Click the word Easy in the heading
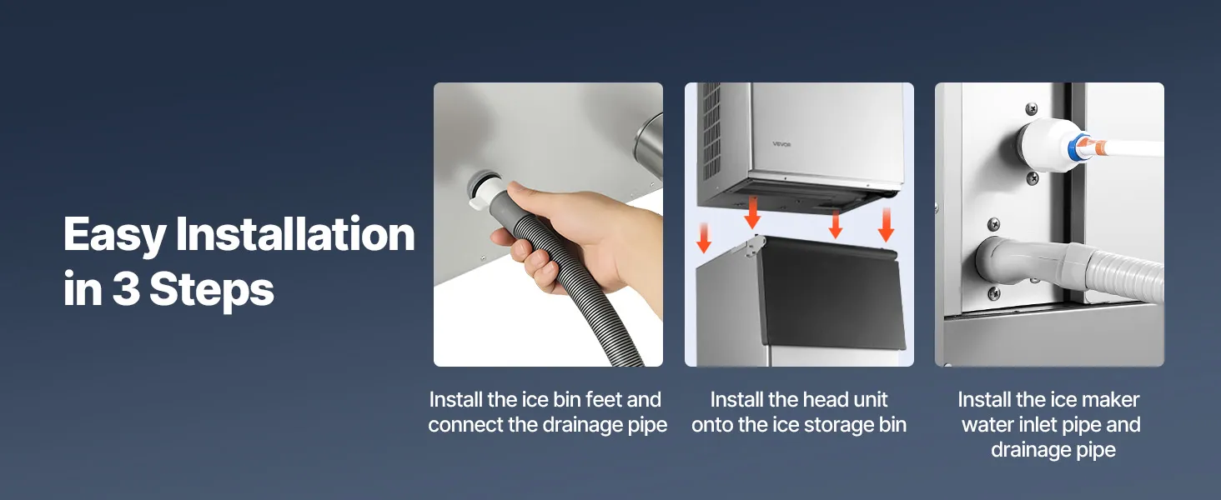(114, 235)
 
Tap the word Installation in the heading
(295, 233)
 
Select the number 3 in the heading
(126, 288)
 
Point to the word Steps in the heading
(212, 291)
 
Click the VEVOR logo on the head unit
(781, 144)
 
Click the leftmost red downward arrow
(704, 237)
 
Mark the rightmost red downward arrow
(886, 224)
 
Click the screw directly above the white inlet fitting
(1031, 109)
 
